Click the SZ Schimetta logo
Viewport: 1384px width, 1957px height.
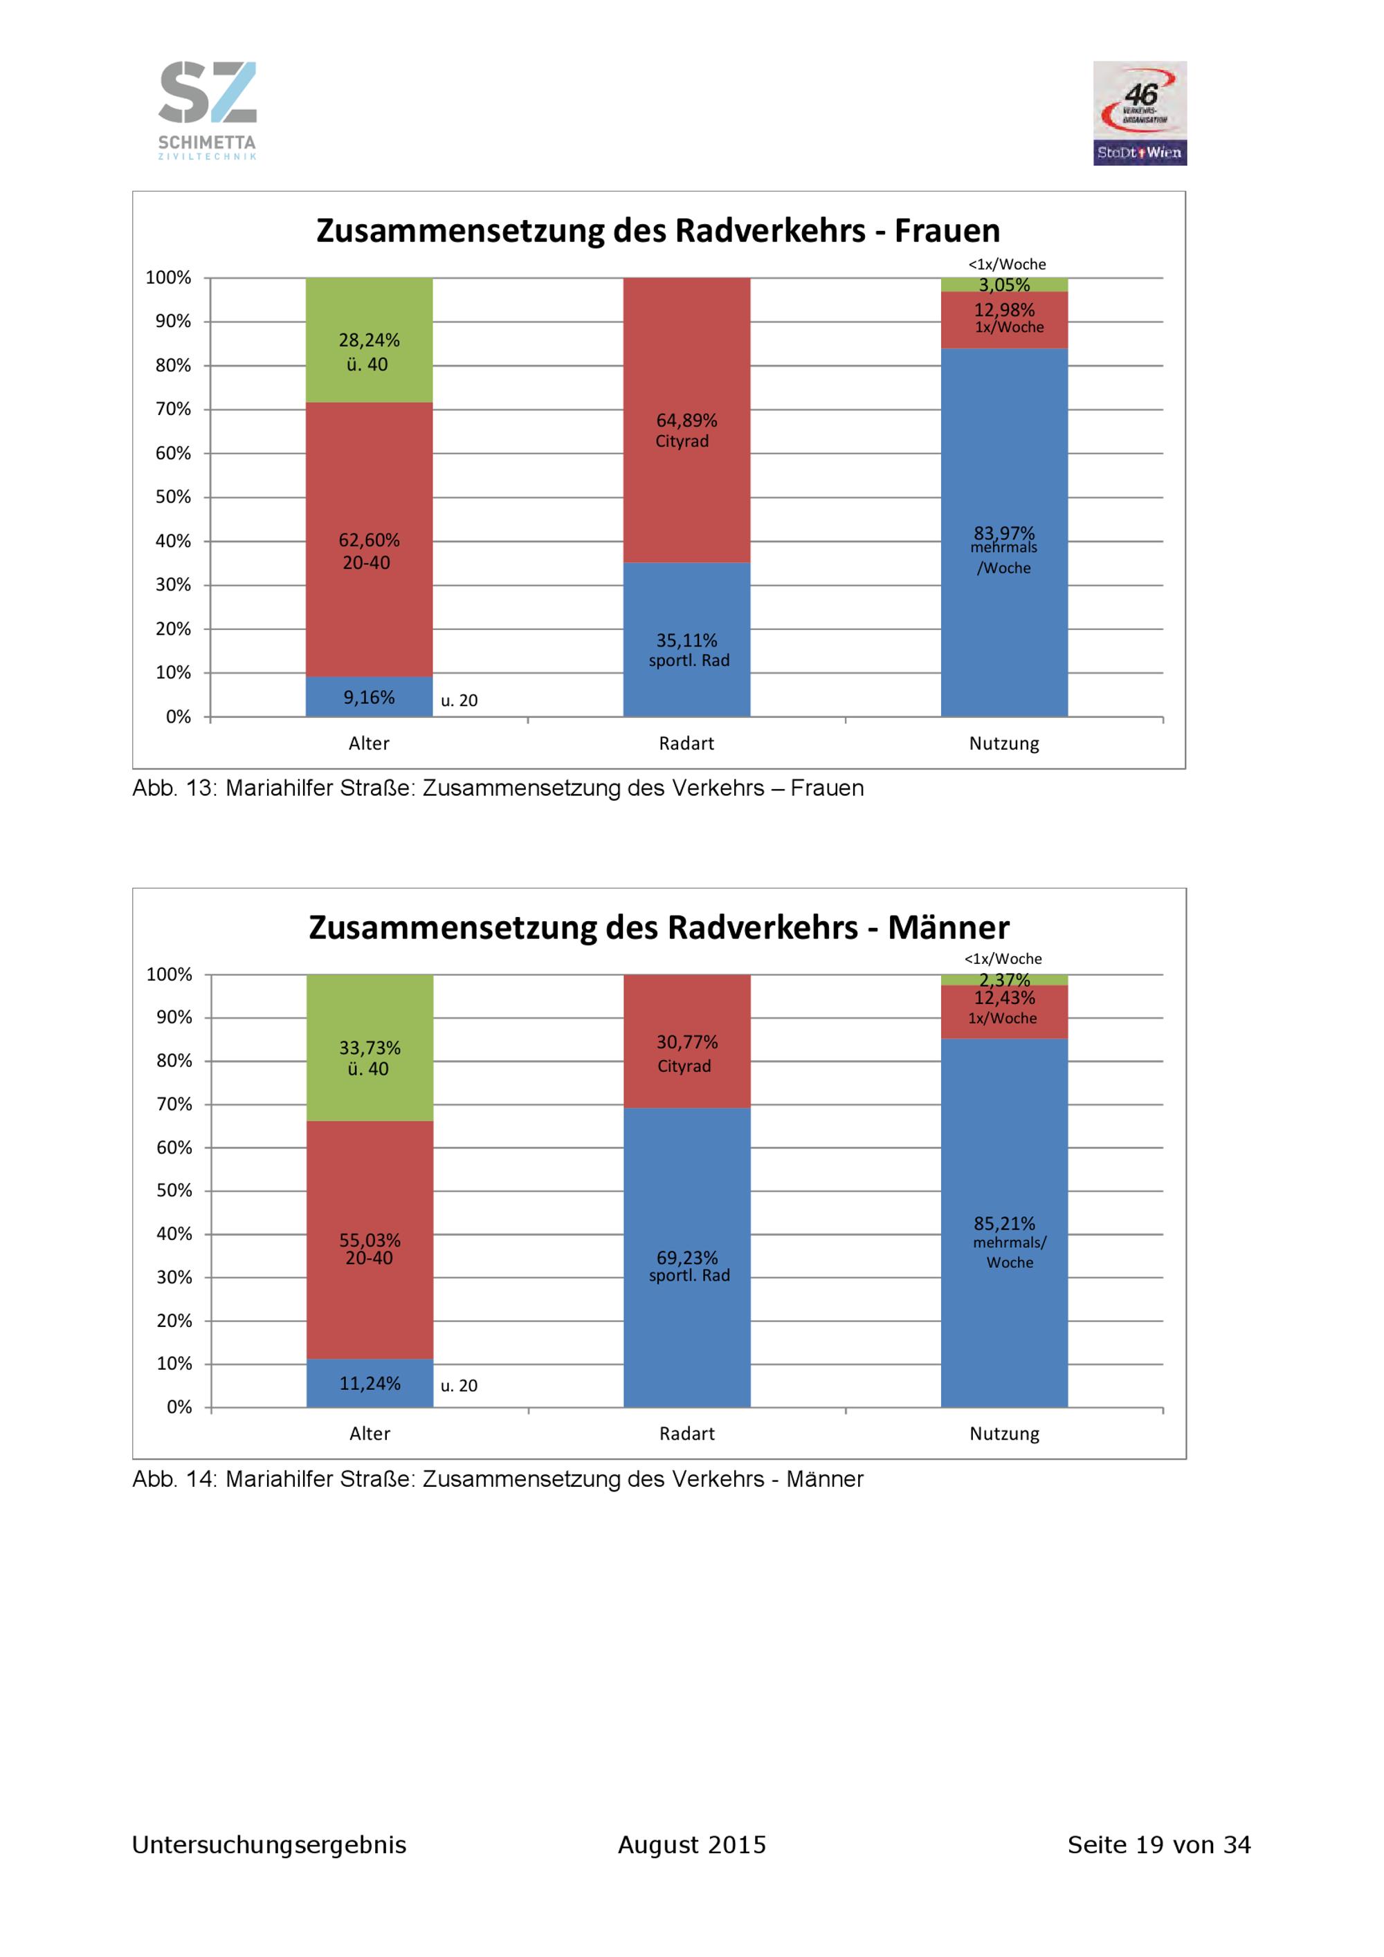click(x=207, y=110)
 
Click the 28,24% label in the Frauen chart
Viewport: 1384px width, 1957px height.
click(x=370, y=340)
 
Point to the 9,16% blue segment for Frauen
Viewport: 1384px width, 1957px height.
click(x=370, y=696)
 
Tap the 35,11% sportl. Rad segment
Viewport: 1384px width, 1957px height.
click(x=686, y=639)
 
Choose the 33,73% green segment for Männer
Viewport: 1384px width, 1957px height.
click(x=370, y=1048)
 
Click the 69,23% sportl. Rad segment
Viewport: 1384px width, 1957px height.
click(x=686, y=1257)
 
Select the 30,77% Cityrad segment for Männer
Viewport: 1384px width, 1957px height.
click(x=686, y=1041)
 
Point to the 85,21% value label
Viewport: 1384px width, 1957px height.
click(x=1005, y=1223)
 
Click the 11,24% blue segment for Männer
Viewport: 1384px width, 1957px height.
click(x=370, y=1382)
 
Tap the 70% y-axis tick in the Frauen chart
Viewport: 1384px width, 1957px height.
click(x=173, y=409)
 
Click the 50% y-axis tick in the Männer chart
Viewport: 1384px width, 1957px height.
click(x=174, y=1190)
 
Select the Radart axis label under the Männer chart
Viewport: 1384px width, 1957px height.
click(x=686, y=1434)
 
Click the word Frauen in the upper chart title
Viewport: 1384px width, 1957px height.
click(x=947, y=231)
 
